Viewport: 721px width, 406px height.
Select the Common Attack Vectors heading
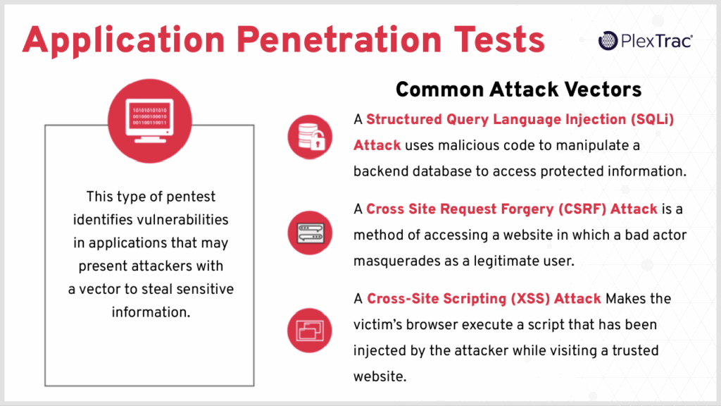pos(518,90)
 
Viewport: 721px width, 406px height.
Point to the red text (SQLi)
pos(651,120)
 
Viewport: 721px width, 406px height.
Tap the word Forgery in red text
pos(510,209)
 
